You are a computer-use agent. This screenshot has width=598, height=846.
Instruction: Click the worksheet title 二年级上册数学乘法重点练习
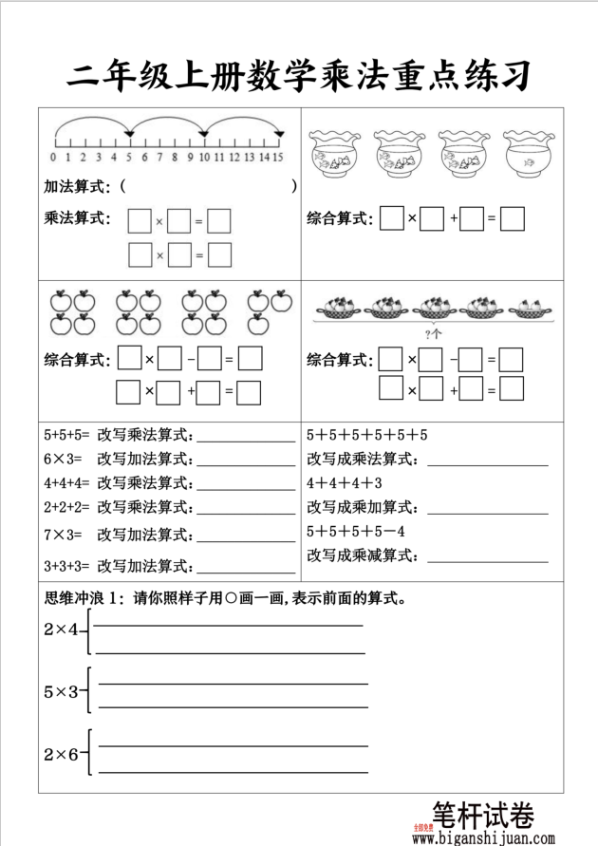299,74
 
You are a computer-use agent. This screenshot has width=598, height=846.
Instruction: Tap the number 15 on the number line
278,158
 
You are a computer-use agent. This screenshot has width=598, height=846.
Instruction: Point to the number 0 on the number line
53,158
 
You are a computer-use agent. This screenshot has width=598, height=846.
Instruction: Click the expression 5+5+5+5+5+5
367,436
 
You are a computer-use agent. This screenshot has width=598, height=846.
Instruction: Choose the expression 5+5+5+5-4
356,531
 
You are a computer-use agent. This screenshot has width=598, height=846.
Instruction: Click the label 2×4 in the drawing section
62,629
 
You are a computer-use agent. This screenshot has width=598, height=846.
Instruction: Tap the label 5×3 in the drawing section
62,692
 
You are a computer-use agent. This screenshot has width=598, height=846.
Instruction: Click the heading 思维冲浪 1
85,598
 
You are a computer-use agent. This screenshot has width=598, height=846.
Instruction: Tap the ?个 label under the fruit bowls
434,333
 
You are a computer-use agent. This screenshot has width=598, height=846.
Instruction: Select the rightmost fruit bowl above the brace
528,307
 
